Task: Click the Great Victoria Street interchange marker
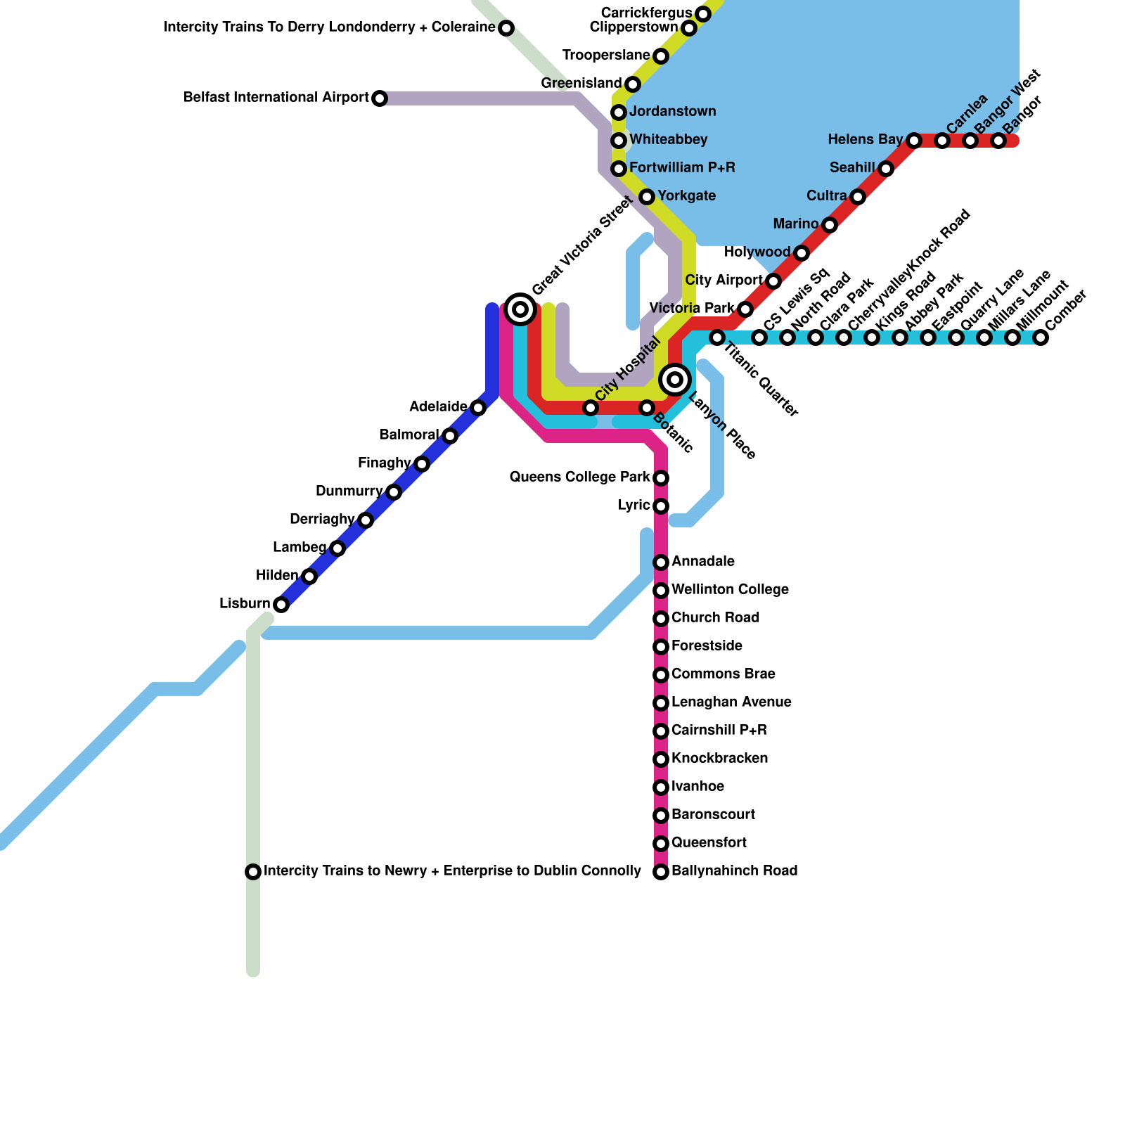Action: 520,309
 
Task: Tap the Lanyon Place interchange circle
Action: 675,380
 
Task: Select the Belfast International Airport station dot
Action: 380,98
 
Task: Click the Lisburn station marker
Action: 281,605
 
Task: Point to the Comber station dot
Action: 1041,337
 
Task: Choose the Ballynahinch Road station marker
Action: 661,872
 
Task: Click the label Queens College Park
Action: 579,477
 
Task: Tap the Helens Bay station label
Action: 865,140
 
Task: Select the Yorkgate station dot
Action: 647,197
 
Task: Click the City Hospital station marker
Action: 591,408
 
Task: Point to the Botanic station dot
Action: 647,408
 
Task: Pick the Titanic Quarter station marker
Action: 716,337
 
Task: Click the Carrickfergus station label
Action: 646,13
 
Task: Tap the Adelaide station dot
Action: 478,408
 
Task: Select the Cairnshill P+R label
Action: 719,731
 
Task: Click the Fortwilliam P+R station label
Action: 682,168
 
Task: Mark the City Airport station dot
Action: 773,281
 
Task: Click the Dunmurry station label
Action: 349,491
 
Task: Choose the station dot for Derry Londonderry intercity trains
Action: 506,28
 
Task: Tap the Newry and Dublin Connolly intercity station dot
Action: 253,872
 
